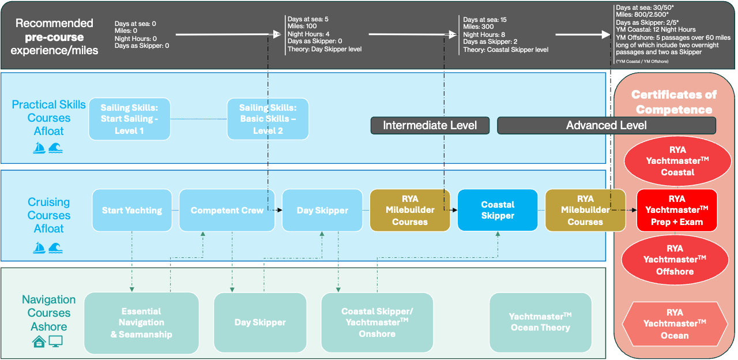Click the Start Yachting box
(x=132, y=211)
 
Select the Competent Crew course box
(x=227, y=211)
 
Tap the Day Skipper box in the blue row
(x=322, y=211)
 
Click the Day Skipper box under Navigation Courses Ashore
(x=260, y=322)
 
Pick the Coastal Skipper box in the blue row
(x=498, y=211)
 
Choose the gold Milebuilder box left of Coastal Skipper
(x=409, y=211)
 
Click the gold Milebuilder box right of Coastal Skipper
(x=585, y=211)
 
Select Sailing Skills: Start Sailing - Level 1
(x=130, y=119)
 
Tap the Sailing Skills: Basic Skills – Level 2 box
(x=268, y=119)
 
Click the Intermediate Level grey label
(x=430, y=125)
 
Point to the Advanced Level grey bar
(x=606, y=125)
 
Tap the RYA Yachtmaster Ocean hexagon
(x=675, y=324)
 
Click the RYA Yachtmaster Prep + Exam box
(x=677, y=211)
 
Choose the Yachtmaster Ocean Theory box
(x=540, y=322)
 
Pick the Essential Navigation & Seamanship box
(x=141, y=322)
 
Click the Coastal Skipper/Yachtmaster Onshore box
(x=377, y=322)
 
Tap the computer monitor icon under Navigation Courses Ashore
(x=55, y=342)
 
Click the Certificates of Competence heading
(x=674, y=102)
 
